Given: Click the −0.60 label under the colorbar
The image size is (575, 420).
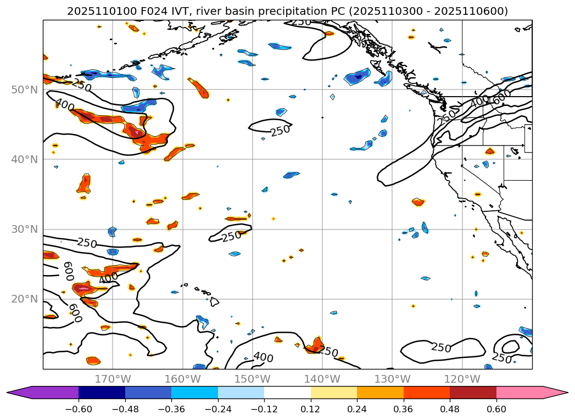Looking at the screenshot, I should [78, 409].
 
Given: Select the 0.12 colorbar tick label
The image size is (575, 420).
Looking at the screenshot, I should [311, 409].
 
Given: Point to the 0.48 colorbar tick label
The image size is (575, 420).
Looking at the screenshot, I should [450, 409].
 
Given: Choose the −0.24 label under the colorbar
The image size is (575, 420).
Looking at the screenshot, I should [217, 409].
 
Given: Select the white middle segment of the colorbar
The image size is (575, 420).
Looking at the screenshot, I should [287, 393].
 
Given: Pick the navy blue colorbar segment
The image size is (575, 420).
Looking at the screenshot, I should [102, 393].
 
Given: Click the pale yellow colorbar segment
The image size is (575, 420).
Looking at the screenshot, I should [334, 393].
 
